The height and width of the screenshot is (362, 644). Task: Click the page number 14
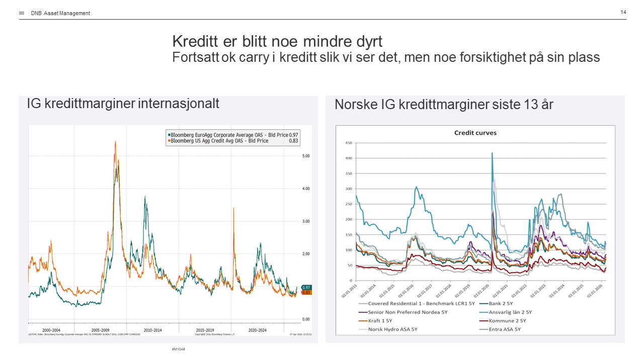623,12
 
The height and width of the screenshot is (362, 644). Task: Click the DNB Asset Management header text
60,13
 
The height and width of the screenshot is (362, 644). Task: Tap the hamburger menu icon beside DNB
22,13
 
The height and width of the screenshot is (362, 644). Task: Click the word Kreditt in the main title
194,41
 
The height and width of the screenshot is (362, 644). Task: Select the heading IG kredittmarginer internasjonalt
123,104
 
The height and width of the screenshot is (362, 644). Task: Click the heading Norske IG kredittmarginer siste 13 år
444,105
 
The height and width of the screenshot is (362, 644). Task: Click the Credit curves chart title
475,133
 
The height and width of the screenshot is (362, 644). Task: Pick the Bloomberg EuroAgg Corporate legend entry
229,135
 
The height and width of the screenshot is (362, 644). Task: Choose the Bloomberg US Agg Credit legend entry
219,141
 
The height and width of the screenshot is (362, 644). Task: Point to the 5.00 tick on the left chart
305,156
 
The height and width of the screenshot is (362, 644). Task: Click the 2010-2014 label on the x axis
152,330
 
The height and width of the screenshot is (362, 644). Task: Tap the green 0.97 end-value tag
306,287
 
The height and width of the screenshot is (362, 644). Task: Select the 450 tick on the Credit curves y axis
348,143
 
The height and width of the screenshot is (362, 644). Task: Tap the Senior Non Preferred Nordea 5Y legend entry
408,312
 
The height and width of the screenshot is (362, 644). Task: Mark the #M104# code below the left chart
179,349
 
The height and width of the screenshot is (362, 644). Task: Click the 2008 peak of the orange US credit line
115,142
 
